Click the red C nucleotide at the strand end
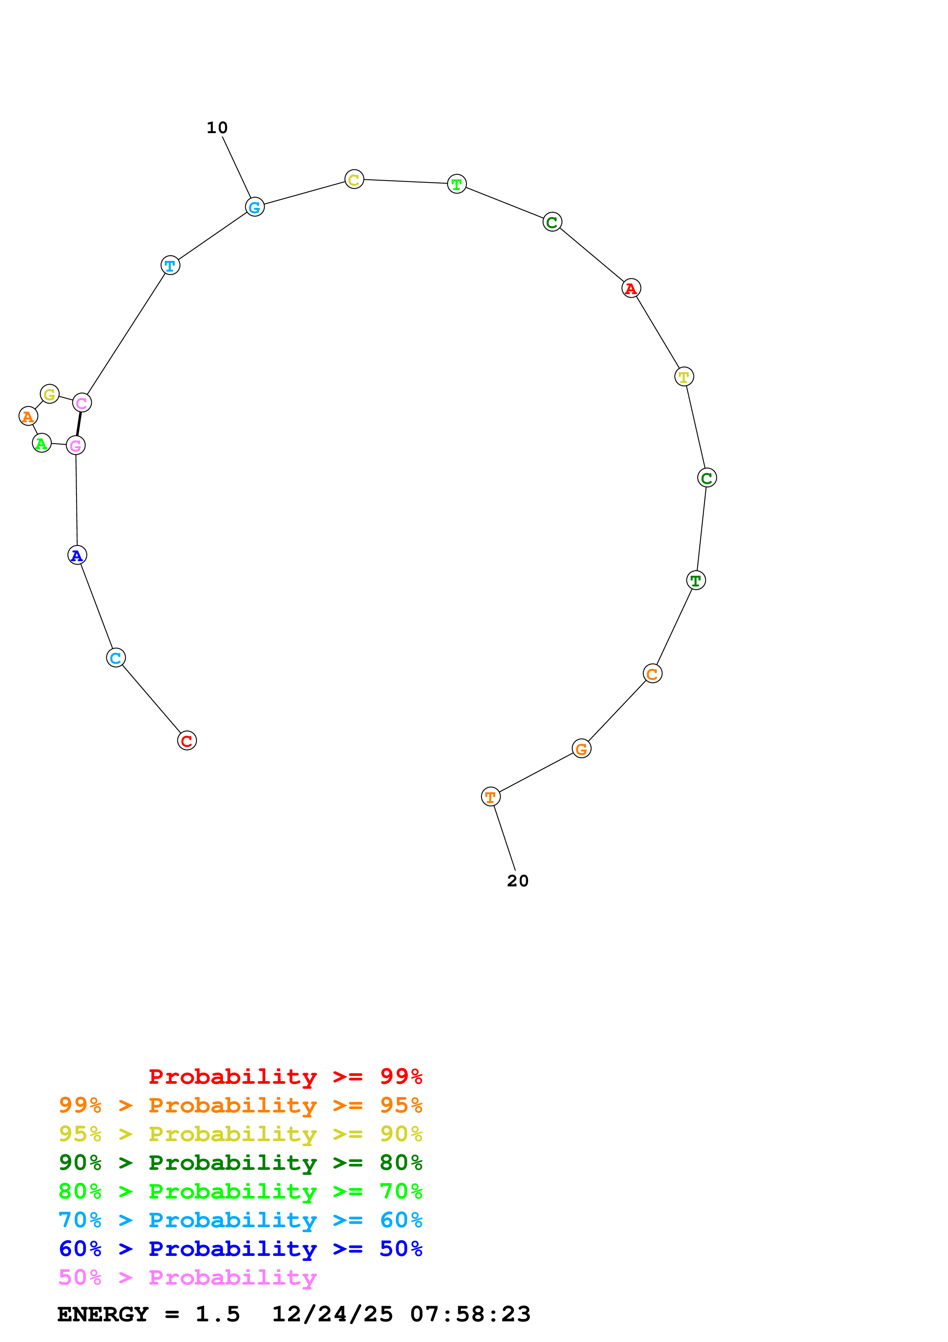[x=187, y=741]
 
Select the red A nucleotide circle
[x=631, y=288]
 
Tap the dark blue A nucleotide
[x=77, y=555]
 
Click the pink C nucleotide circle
[x=82, y=403]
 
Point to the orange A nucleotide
[x=28, y=416]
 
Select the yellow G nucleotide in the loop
[x=50, y=394]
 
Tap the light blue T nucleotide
[x=170, y=265]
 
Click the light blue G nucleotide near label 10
[x=255, y=207]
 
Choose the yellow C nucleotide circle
[x=354, y=179]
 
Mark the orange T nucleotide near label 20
[x=491, y=796]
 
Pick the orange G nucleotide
[x=581, y=748]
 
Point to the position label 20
[x=517, y=881]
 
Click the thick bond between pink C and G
[x=79, y=424]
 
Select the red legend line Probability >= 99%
[x=285, y=1076]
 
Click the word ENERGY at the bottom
[x=103, y=1314]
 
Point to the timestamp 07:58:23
[x=470, y=1314]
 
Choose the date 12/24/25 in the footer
[x=332, y=1314]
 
